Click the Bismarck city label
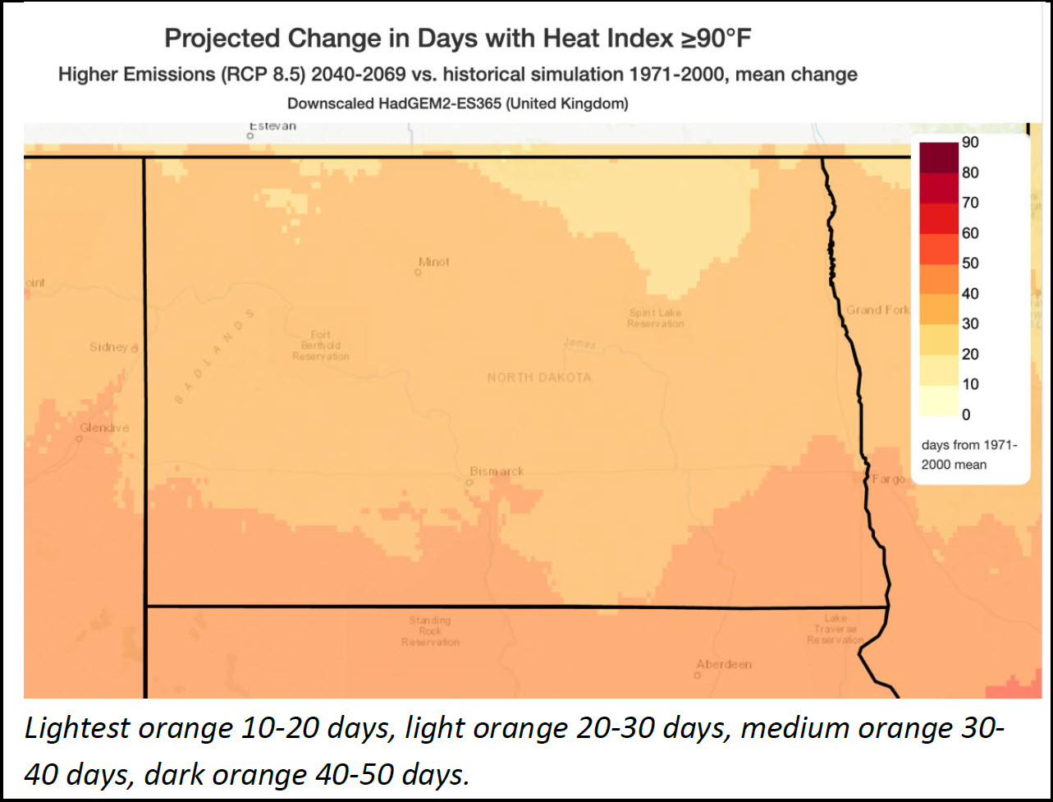click(x=497, y=471)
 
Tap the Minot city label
click(x=433, y=262)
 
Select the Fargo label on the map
click(x=888, y=479)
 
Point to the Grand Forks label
click(x=877, y=309)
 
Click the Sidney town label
click(x=108, y=347)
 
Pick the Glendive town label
click(x=104, y=428)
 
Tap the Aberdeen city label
click(x=723, y=664)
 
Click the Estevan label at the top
click(x=272, y=126)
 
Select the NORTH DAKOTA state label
click(x=538, y=378)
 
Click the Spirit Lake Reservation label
click(x=655, y=319)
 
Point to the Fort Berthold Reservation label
click(x=320, y=346)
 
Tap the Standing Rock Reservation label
click(x=430, y=631)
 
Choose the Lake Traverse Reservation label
click(x=835, y=629)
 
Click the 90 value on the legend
click(x=970, y=143)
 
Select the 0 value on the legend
click(x=966, y=415)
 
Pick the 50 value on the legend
click(x=970, y=264)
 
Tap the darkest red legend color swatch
click(x=938, y=158)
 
